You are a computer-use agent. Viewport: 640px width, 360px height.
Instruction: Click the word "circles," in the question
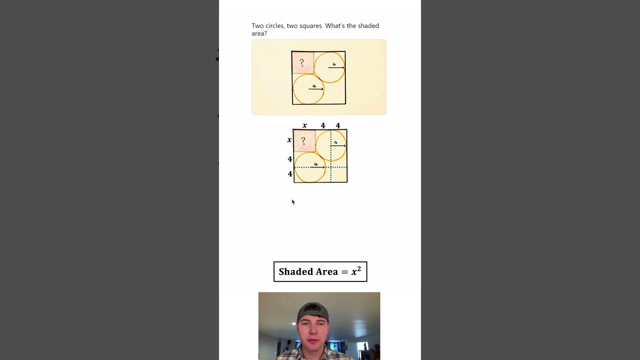click(275, 26)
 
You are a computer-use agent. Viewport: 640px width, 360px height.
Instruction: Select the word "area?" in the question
click(259, 33)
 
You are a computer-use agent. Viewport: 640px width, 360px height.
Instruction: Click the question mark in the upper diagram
click(301, 62)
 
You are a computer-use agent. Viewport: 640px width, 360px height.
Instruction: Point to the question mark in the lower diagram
click(303, 140)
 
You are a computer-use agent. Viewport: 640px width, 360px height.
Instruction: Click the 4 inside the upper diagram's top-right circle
click(334, 64)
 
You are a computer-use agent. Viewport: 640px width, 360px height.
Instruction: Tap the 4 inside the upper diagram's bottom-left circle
click(314, 86)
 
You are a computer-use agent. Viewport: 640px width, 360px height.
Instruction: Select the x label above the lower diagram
click(304, 125)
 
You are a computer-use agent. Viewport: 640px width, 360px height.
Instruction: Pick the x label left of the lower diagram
click(289, 139)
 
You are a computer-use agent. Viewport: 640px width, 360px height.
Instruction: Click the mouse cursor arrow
click(293, 201)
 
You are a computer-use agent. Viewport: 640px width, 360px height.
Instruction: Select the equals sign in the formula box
click(345, 272)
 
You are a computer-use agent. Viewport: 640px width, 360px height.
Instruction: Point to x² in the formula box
click(356, 271)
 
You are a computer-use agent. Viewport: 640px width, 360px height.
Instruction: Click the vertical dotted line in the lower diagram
click(331, 156)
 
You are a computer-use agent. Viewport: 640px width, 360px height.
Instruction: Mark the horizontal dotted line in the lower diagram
click(320, 167)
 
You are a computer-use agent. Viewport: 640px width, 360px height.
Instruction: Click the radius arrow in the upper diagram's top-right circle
click(336, 67)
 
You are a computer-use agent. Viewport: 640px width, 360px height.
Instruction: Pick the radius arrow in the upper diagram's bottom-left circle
click(316, 89)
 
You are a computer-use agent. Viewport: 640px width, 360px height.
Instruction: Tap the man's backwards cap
click(313, 311)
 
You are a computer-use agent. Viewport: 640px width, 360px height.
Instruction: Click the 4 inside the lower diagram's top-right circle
click(335, 142)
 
